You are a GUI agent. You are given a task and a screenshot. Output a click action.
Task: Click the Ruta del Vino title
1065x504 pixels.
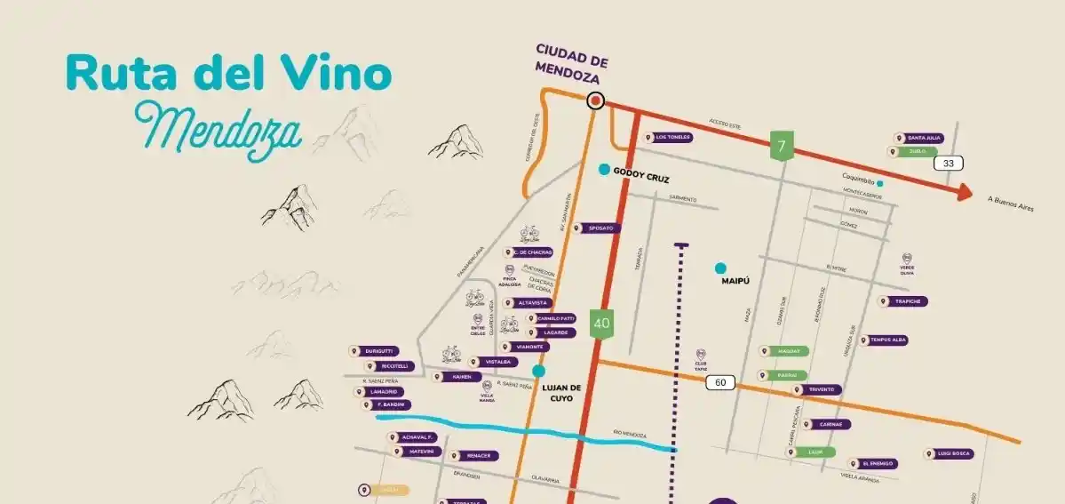coord(228,75)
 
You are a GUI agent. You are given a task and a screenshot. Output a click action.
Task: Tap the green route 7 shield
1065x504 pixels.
coord(781,146)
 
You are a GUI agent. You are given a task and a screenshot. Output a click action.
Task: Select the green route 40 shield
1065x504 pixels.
coord(602,323)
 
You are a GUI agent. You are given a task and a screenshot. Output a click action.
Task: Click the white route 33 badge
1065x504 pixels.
coord(948,164)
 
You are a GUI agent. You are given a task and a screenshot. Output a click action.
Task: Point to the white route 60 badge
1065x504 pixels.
coord(720,382)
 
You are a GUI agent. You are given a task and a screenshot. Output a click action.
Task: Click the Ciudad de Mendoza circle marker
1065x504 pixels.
coord(595,101)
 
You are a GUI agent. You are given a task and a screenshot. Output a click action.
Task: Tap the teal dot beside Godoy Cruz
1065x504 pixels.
coord(604,169)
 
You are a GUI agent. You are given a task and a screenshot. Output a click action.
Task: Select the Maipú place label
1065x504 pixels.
coord(737,282)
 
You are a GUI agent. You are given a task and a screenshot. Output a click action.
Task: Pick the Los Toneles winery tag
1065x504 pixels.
coord(669,138)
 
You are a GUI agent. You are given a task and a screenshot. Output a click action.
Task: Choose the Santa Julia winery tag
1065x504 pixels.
coord(919,138)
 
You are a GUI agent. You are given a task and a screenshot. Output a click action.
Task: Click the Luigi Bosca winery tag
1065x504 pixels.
coord(949,453)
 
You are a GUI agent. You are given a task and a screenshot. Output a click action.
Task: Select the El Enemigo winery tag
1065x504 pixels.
coord(873,464)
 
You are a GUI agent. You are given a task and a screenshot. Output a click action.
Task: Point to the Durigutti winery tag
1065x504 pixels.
coord(373,351)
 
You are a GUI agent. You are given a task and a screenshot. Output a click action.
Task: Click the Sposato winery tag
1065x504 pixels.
coord(596,228)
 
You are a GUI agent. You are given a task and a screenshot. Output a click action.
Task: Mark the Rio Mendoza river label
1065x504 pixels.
coord(630,434)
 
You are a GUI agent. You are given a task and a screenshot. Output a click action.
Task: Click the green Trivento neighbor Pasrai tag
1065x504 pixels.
coord(783,375)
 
